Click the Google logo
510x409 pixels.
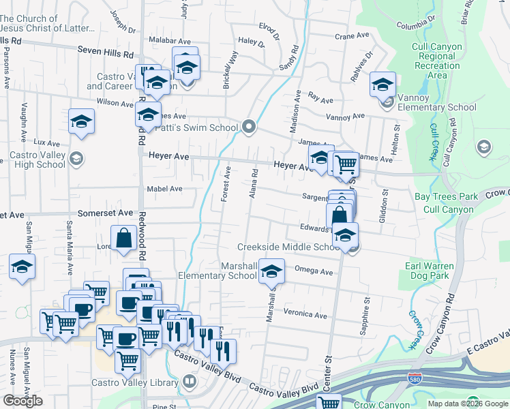(22, 401)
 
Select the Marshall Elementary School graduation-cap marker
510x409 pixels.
(271, 273)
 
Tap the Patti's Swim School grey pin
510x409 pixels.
(249, 127)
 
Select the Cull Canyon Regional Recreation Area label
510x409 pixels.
(437, 61)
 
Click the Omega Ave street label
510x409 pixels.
(313, 271)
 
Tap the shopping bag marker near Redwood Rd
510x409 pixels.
(125, 239)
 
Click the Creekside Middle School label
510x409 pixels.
(288, 247)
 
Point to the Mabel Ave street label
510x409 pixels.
(164, 189)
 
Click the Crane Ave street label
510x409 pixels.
(352, 35)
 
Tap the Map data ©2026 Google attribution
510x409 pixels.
(467, 404)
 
